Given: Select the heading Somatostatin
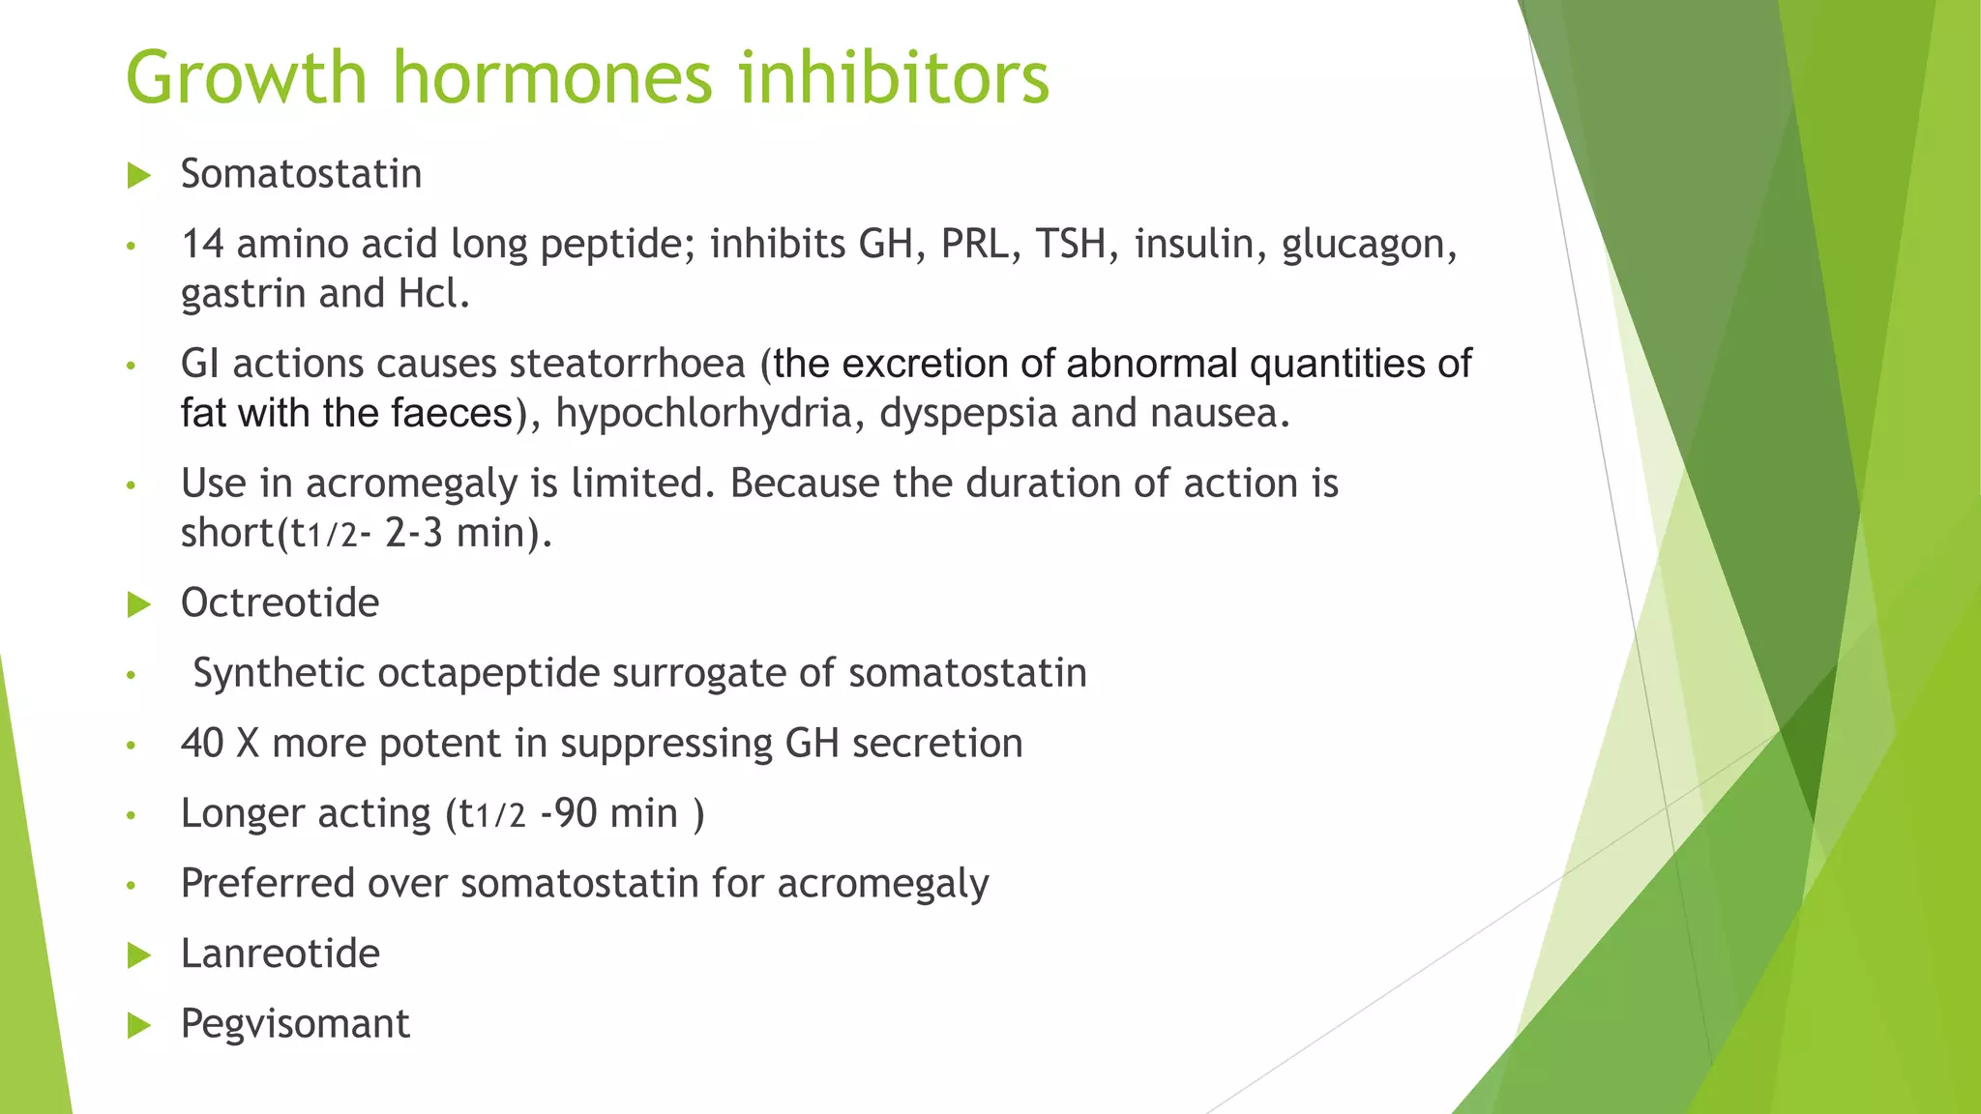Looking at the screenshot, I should coord(301,174).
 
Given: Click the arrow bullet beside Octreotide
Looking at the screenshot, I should coord(139,605).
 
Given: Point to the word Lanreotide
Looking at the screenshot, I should coord(280,953).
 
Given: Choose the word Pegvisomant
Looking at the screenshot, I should coord(295,1023).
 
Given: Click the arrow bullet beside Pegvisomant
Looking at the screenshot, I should coord(139,1026).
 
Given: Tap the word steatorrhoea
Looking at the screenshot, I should coord(627,364).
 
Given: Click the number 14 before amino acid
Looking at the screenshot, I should coord(202,244).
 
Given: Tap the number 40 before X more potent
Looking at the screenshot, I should coord(202,743).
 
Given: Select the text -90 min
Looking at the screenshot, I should coord(609,813).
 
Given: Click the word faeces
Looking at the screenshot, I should coord(453,414).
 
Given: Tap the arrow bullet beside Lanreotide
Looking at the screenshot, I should coord(139,956).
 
